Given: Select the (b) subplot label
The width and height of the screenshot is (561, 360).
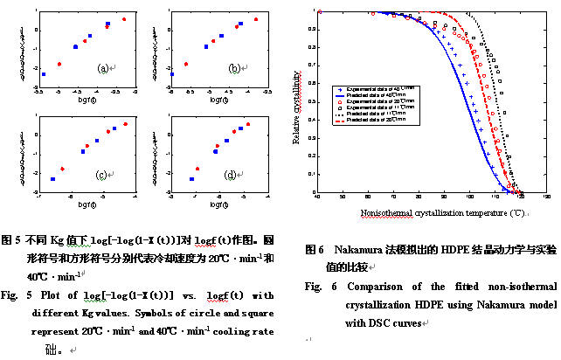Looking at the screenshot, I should coord(234,68).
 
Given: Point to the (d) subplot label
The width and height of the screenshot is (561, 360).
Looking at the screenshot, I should coord(231,175).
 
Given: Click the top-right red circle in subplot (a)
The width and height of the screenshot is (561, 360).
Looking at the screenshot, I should coord(124,18).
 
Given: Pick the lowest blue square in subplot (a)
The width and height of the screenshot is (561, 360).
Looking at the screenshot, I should coord(44,75).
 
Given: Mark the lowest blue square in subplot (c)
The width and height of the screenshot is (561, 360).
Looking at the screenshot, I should coord(52,179).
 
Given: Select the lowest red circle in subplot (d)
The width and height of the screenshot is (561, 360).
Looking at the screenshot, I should coord(197,169).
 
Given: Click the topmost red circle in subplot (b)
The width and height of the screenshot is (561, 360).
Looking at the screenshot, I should coord(256,18).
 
